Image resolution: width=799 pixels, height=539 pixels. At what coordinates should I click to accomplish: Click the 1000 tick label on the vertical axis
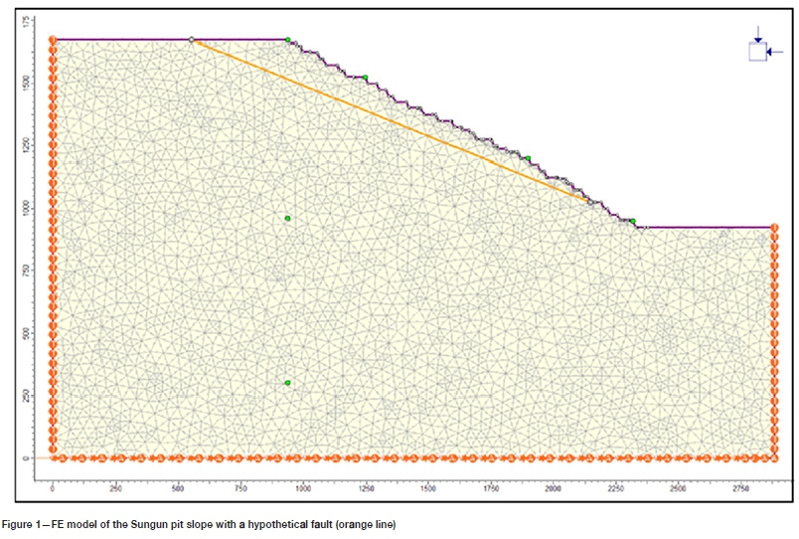[37, 208]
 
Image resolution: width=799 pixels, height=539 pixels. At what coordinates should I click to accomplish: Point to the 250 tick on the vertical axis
[37, 396]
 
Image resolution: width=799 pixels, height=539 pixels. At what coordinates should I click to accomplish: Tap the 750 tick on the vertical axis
[37, 270]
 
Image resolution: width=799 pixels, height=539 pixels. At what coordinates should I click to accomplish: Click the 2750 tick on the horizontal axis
[741, 488]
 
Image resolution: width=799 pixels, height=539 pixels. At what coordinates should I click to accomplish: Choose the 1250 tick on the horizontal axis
[365, 488]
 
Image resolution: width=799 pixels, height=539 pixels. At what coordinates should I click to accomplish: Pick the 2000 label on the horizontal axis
[553, 488]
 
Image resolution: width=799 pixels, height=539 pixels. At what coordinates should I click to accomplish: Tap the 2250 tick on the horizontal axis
[615, 488]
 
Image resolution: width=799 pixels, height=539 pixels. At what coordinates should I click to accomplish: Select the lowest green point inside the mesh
[287, 383]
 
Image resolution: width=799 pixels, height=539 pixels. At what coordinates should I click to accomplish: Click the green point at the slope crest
[288, 40]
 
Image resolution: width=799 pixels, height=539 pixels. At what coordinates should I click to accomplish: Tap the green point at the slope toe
[632, 221]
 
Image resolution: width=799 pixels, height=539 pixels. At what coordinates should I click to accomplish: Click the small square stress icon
[758, 52]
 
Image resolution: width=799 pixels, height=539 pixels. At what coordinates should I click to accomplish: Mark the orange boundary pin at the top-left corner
[53, 41]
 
